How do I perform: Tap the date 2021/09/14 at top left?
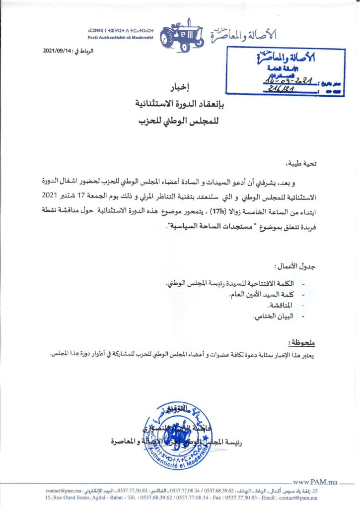pyautogui.click(x=58, y=52)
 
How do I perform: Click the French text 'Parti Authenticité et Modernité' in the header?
pyautogui.click(x=121, y=38)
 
